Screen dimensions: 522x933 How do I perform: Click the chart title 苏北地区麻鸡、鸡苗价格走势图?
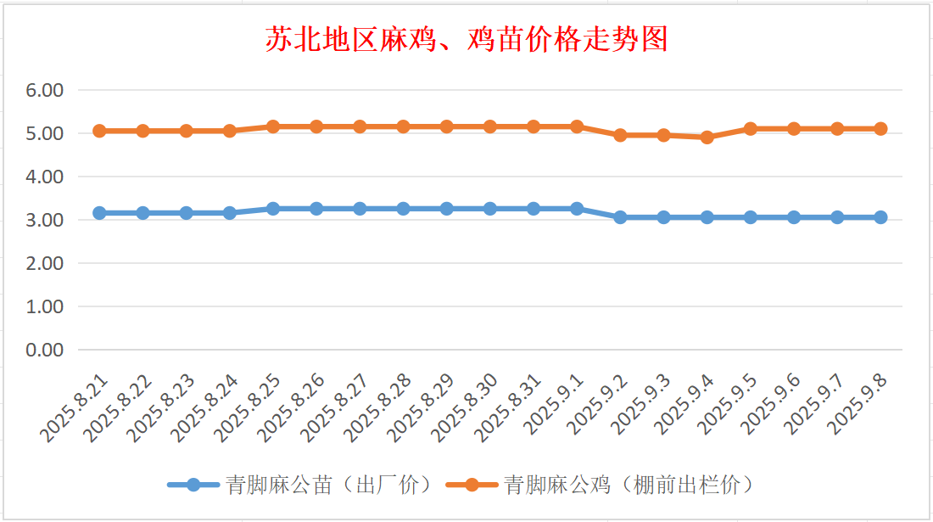coord(466,39)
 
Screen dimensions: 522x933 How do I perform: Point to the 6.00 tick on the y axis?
coord(47,90)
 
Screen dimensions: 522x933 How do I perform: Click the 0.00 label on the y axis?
coord(47,350)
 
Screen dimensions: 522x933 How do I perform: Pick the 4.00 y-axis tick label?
coord(47,177)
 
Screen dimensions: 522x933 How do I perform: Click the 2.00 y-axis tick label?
coord(47,263)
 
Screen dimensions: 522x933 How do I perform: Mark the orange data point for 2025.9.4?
coord(707,138)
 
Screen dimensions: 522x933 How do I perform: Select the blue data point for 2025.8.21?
coord(99,213)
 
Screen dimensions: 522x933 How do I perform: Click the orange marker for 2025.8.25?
coord(273,126)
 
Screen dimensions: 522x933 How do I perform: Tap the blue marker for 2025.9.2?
coord(620,217)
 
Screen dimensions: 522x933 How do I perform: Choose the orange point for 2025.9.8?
coord(880,129)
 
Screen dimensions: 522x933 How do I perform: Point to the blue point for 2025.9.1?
coord(577,209)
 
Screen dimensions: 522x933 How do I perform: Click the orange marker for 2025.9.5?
coord(751,129)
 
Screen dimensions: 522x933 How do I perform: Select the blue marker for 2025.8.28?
coord(403,209)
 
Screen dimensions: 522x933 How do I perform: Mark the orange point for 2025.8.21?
coord(99,131)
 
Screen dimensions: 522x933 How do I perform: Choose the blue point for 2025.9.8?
coord(880,217)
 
